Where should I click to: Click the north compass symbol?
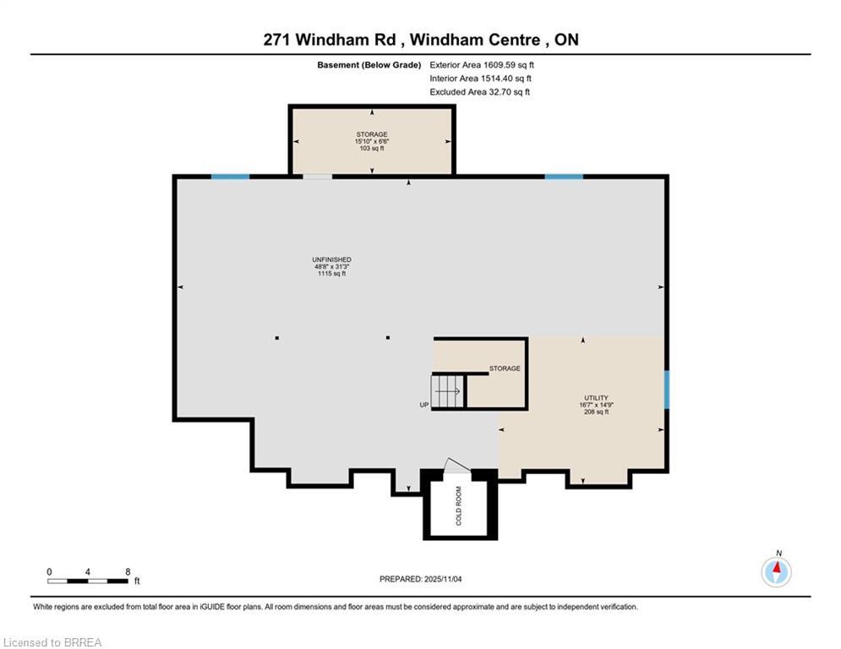click(776, 572)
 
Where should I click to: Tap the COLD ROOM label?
click(459, 506)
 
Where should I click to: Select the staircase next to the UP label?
click(448, 391)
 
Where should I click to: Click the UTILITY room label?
click(596, 405)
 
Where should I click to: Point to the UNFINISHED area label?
click(331, 266)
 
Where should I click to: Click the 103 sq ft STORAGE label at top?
click(371, 141)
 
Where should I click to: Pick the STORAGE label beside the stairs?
click(505, 368)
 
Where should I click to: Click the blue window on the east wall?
click(666, 389)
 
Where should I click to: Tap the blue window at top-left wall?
click(230, 177)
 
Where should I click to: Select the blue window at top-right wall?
click(563, 177)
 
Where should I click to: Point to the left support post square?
click(276, 338)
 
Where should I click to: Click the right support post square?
click(388, 338)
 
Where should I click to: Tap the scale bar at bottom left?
click(88, 581)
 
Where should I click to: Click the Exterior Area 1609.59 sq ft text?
click(482, 64)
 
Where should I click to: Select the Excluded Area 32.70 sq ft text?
click(479, 92)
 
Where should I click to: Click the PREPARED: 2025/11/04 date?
click(432, 579)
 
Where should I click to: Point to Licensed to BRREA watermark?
click(52, 643)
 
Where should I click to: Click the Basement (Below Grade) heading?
click(369, 64)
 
